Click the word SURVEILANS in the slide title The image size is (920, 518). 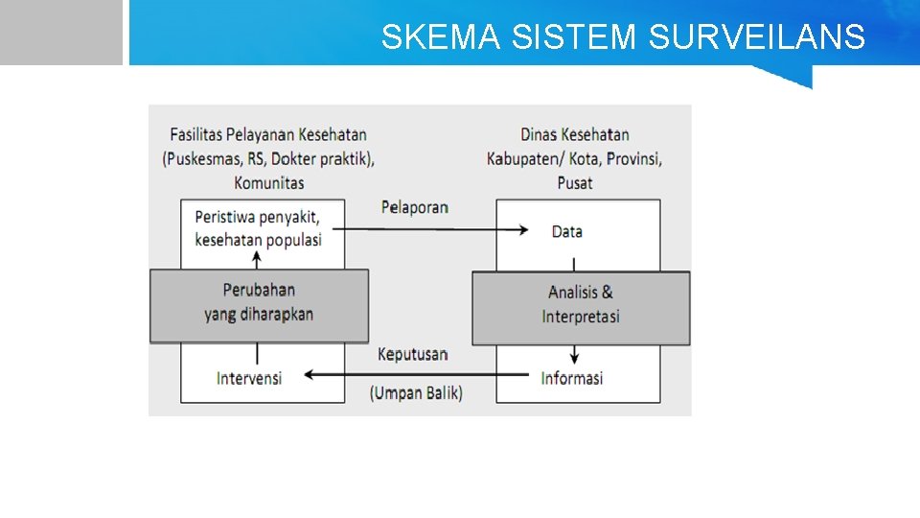(757, 37)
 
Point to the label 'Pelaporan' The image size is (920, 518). (414, 207)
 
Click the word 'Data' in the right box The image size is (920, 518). (567, 231)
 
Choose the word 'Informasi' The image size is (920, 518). (572, 378)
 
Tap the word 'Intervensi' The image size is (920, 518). (249, 378)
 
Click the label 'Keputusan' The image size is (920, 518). (412, 354)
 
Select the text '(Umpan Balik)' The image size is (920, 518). (416, 392)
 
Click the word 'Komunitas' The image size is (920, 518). (268, 182)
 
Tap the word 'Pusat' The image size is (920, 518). (575, 182)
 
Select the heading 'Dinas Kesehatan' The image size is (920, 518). (575, 134)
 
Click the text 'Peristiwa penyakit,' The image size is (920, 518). (257, 216)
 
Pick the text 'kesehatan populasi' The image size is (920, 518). (258, 240)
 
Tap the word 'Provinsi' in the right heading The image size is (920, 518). (629, 158)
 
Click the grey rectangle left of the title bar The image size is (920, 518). (61, 32)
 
